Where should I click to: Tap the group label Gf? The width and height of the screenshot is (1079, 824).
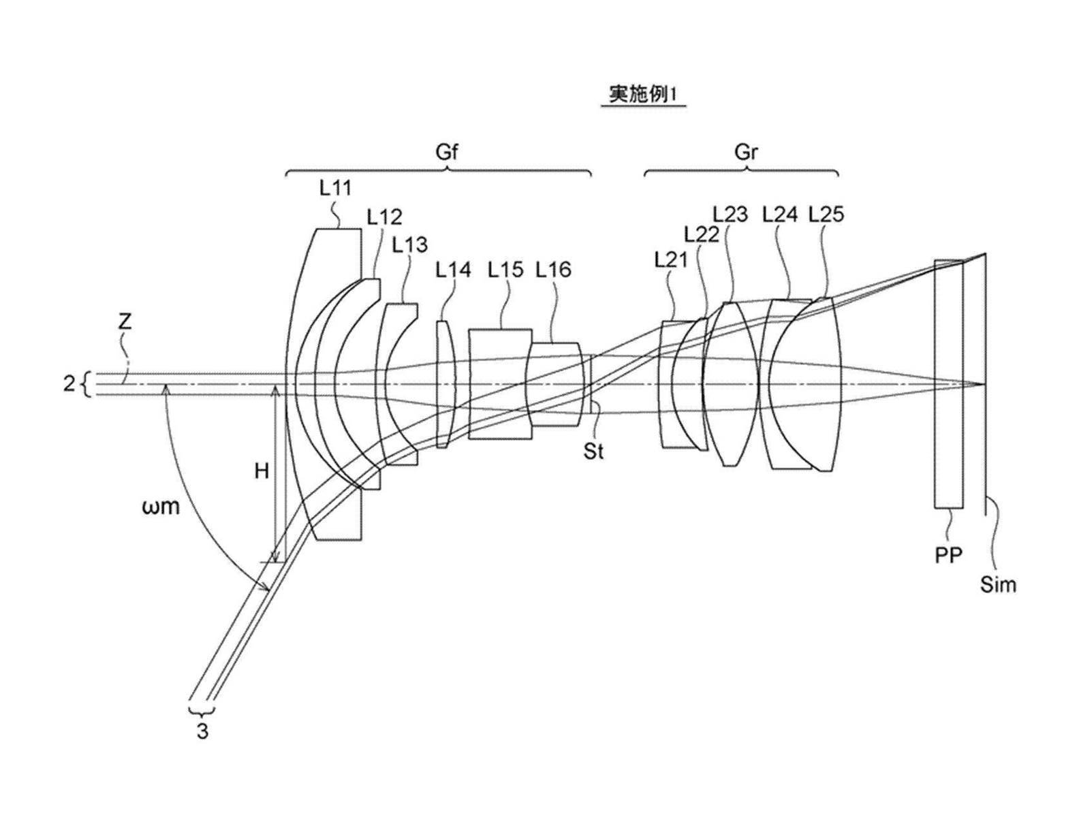pyautogui.click(x=446, y=151)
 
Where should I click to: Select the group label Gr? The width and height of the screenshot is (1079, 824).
pyautogui.click(x=746, y=151)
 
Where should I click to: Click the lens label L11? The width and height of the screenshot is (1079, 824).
pyautogui.click(x=335, y=188)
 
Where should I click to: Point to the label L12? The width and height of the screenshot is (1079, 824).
pyautogui.click(x=384, y=217)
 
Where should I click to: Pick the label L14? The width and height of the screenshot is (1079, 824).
pyautogui.click(x=453, y=270)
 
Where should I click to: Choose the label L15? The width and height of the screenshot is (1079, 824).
pyautogui.click(x=505, y=270)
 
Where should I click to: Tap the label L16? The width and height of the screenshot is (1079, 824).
pyautogui.click(x=553, y=270)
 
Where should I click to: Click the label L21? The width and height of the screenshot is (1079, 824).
pyautogui.click(x=671, y=259)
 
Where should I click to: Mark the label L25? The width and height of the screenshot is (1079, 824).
pyautogui.click(x=826, y=215)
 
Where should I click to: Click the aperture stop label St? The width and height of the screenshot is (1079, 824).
pyautogui.click(x=593, y=451)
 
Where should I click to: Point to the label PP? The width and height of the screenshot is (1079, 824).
pyautogui.click(x=948, y=555)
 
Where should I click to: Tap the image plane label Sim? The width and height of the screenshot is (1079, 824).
pyautogui.click(x=998, y=584)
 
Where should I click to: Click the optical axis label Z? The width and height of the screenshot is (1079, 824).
pyautogui.click(x=125, y=322)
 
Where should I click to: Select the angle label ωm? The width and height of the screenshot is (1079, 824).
pyautogui.click(x=161, y=506)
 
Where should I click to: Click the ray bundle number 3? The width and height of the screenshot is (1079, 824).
pyautogui.click(x=202, y=733)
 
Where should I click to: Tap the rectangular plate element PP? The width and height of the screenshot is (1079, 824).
pyautogui.click(x=949, y=383)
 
